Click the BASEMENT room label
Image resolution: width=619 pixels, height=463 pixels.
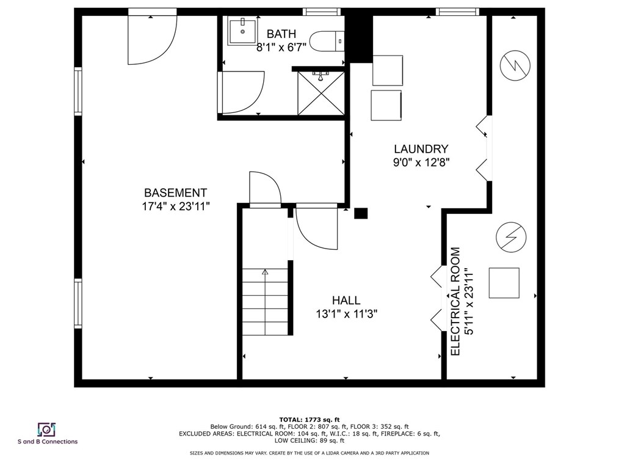(x=175, y=192)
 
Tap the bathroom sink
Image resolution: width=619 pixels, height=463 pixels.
(x=243, y=31)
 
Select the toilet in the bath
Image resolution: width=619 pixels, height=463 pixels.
(x=326, y=42)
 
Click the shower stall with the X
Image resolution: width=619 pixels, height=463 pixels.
(x=320, y=93)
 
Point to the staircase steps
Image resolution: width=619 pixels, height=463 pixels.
(x=266, y=302)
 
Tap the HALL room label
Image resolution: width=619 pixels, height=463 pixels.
(x=346, y=301)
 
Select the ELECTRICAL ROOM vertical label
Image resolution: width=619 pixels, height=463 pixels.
(x=455, y=301)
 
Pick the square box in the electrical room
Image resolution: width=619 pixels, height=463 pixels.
(x=504, y=283)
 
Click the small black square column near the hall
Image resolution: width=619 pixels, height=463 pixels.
(x=361, y=213)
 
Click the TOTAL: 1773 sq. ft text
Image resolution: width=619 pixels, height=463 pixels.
(x=309, y=419)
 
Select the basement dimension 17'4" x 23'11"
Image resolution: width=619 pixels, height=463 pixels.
(x=176, y=206)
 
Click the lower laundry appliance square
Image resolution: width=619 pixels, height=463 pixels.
(x=386, y=106)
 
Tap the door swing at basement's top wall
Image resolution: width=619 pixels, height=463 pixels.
(x=151, y=38)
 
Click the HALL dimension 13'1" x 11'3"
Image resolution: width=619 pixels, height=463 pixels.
(x=346, y=315)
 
